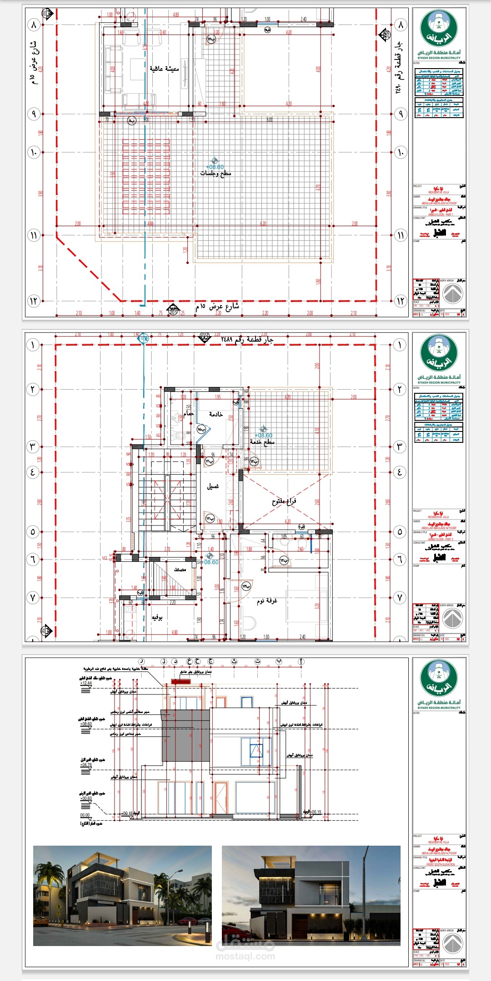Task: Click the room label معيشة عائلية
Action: click(x=164, y=69)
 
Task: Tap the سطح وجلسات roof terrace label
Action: click(x=215, y=173)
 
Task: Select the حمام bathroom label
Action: click(x=189, y=414)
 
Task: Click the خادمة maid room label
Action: click(x=215, y=414)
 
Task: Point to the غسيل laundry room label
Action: click(x=213, y=486)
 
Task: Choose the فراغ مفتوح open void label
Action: click(x=284, y=501)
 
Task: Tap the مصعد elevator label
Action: click(x=180, y=570)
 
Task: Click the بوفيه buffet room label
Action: click(x=157, y=618)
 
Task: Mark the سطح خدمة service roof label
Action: click(x=262, y=442)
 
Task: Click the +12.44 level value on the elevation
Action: click(x=86, y=683)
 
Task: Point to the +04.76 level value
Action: click(x=86, y=765)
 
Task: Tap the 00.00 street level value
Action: click(x=85, y=815)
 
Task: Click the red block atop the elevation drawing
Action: click(x=180, y=682)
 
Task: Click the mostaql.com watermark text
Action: click(x=245, y=956)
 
